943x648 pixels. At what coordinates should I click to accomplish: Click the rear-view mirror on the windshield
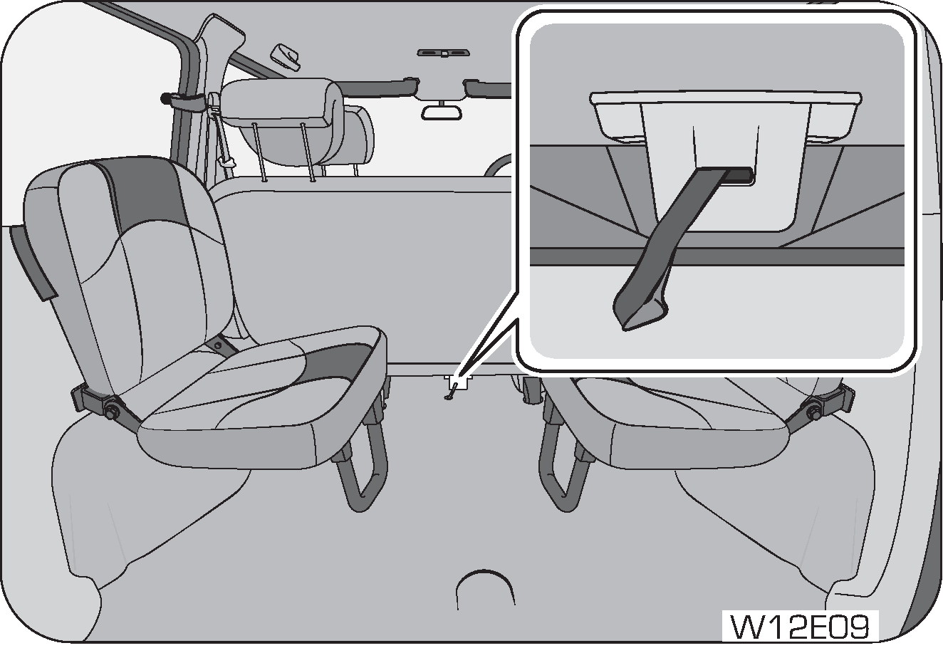443,112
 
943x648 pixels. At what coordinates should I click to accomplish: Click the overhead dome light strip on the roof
443,53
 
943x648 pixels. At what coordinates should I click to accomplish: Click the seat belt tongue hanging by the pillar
226,162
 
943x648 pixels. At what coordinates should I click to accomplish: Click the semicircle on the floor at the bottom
484,587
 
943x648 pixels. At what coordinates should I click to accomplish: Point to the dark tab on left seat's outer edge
32,263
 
